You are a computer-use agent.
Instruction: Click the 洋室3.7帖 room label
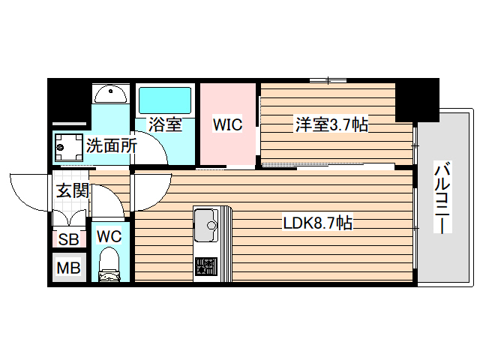pyautogui.click(x=330, y=124)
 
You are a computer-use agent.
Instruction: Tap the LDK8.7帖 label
pyautogui.click(x=317, y=223)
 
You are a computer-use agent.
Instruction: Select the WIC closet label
pyautogui.click(x=227, y=124)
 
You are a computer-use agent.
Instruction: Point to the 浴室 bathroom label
pyautogui.click(x=165, y=124)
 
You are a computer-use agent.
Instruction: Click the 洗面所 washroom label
pyautogui.click(x=110, y=146)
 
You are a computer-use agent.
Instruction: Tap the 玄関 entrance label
pyautogui.click(x=72, y=190)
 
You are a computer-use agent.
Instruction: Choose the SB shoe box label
pyautogui.click(x=68, y=240)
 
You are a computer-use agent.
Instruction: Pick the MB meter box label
pyautogui.click(x=68, y=268)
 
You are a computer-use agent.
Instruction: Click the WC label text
pyautogui.click(x=109, y=236)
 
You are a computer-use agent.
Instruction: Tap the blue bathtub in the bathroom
pyautogui.click(x=165, y=100)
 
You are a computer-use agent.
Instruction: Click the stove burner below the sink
pyautogui.click(x=205, y=267)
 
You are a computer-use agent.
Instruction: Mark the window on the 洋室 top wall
pyautogui.click(x=328, y=80)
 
